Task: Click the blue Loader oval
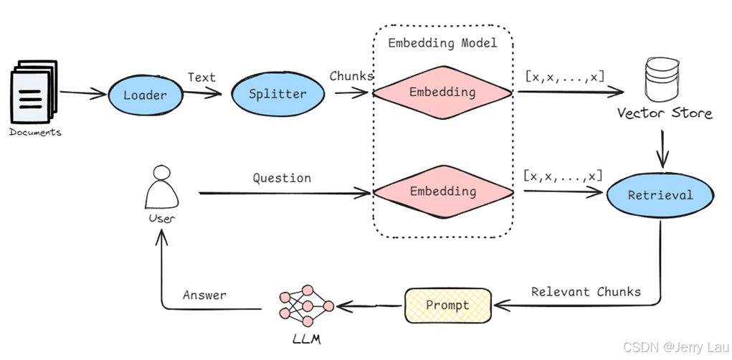click(x=145, y=95)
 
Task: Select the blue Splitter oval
click(x=277, y=93)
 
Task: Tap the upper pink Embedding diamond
click(x=442, y=92)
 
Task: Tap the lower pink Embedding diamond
click(x=442, y=191)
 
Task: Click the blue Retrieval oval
click(x=660, y=195)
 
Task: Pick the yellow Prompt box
click(x=447, y=305)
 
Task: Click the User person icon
click(x=161, y=187)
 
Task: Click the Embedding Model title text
click(x=442, y=43)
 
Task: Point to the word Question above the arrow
click(x=282, y=178)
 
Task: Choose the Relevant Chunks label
click(x=586, y=292)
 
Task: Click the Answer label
click(x=204, y=295)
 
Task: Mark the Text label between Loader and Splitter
click(x=201, y=77)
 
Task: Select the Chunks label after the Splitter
click(x=351, y=75)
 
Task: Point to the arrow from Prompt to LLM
click(x=369, y=306)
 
